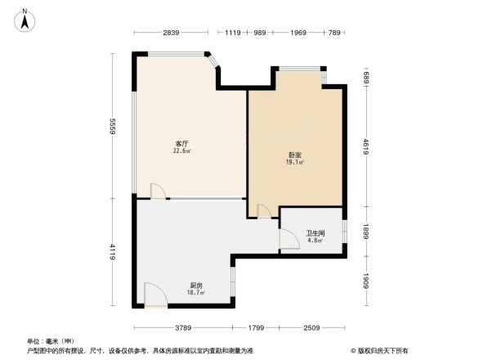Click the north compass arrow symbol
click(25, 19)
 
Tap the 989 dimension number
click(259, 33)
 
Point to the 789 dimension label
click(334, 33)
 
